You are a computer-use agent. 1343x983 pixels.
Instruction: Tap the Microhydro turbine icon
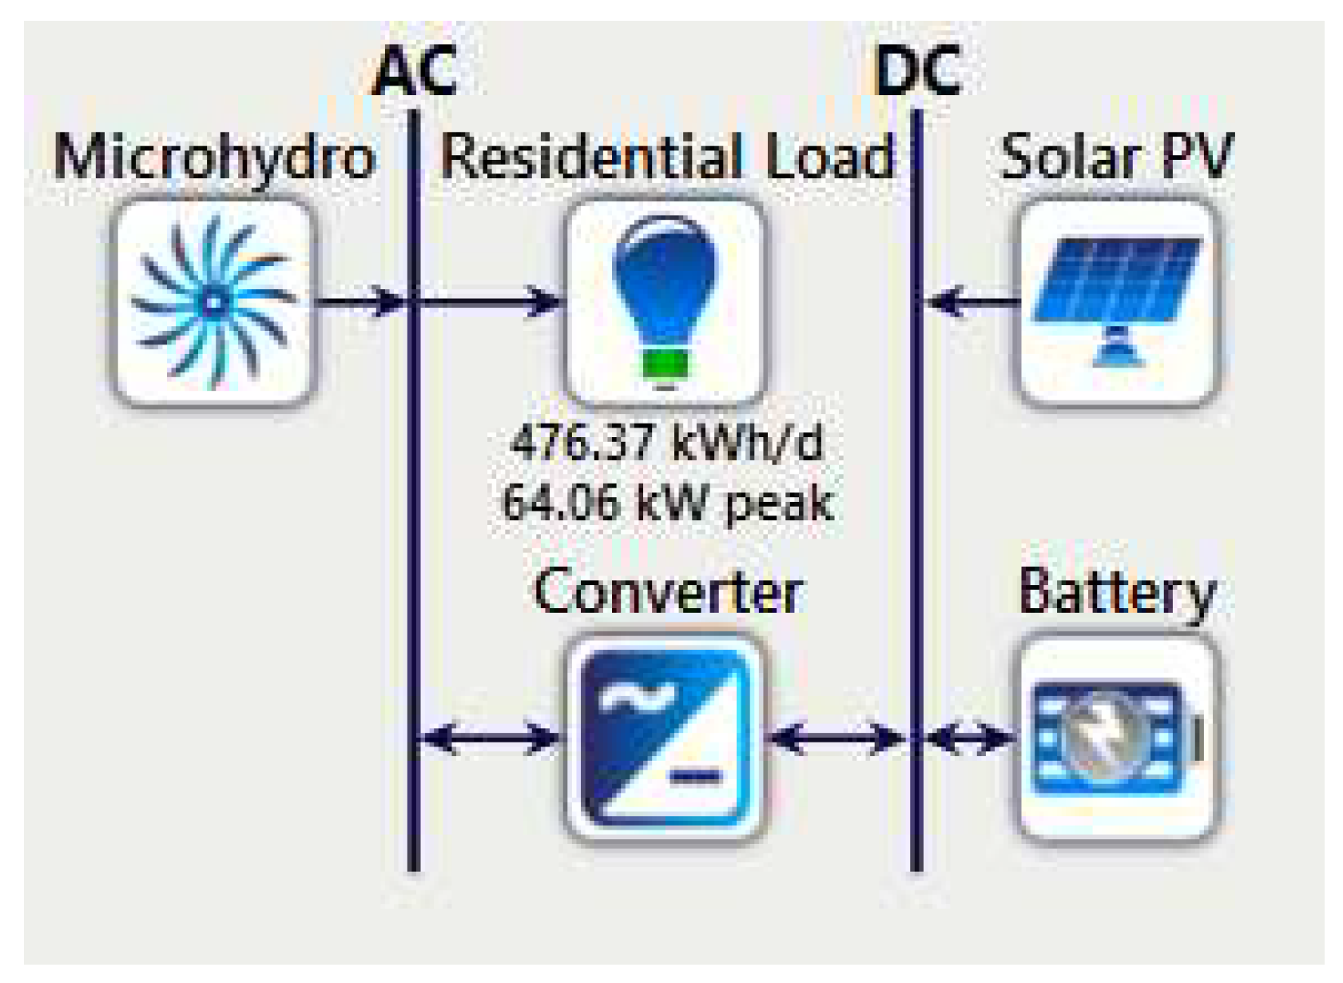[213, 302]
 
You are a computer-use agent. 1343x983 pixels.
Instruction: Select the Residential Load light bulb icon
[665, 302]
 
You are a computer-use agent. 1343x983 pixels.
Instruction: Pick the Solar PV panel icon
[1117, 302]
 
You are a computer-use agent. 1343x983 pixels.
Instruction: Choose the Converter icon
[665, 737]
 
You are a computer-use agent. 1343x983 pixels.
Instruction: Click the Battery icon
[1117, 737]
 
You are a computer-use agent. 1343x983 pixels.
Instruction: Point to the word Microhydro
[214, 158]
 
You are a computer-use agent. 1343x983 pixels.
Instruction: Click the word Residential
[591, 157]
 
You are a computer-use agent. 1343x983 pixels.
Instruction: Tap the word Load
[829, 157]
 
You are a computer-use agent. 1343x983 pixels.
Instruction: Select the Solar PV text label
[1117, 157]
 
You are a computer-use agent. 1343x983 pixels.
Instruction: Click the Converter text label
[668, 592]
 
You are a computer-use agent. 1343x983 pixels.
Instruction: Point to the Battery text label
[1117, 594]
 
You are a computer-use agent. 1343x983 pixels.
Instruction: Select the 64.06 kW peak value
[666, 503]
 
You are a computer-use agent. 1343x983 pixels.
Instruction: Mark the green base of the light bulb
[665, 364]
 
